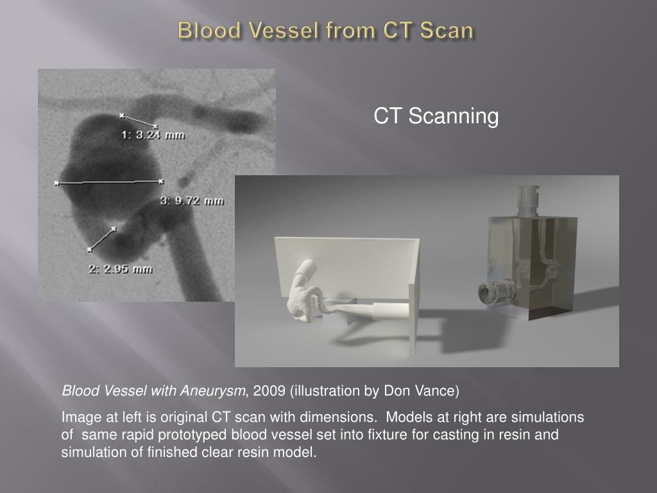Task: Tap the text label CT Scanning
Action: pos(436,116)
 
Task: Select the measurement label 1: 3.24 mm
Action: pos(153,135)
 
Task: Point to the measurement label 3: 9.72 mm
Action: pos(192,201)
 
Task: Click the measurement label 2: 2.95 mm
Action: pos(120,269)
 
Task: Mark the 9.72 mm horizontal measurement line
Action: pos(109,182)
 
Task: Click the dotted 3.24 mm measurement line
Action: pos(139,121)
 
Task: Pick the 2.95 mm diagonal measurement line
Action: pos(102,239)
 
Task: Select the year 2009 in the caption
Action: pos(269,391)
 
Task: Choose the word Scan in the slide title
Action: pos(447,31)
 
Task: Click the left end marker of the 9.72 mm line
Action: pos(56,183)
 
